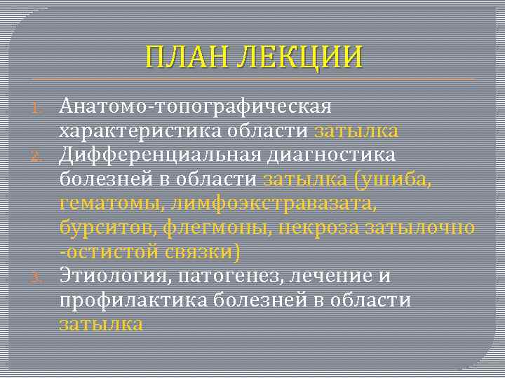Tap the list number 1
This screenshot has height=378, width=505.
point(40,107)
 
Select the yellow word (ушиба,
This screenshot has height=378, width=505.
point(394,179)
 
